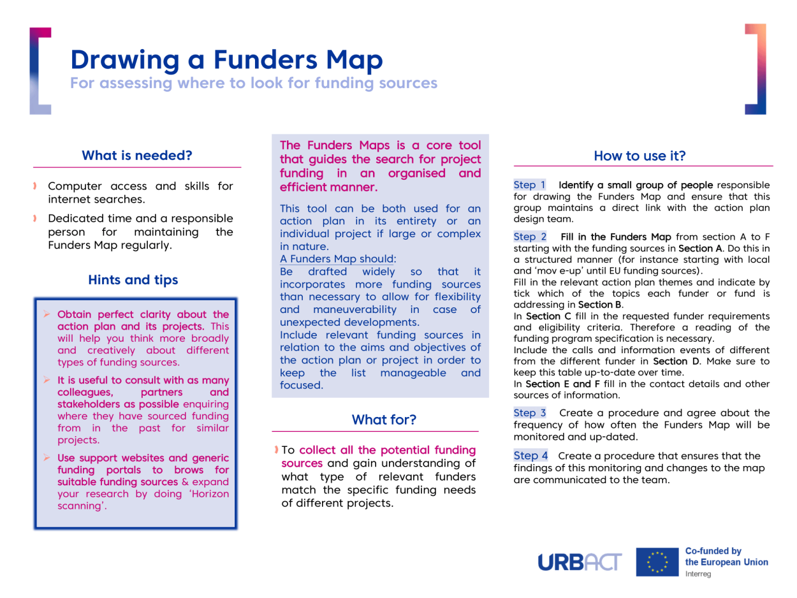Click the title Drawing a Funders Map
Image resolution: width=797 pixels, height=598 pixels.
227,59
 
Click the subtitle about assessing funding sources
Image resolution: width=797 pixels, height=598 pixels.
254,83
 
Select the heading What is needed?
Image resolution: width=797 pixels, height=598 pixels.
137,155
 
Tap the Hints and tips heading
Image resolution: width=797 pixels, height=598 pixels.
133,280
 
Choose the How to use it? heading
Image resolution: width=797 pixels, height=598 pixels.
640,156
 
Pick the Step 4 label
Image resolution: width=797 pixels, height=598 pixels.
530,456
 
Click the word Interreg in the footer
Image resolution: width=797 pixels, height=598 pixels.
699,574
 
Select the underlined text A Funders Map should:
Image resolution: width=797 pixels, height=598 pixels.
338,259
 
